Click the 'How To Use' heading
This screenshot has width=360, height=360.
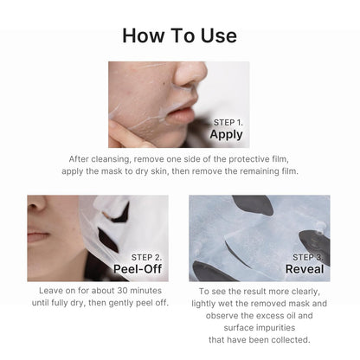179,35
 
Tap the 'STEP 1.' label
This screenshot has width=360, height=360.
228,122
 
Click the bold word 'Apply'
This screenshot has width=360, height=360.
226,135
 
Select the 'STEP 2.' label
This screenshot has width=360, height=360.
145,257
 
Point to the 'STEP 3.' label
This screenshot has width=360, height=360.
308,257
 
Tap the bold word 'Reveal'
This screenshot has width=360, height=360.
305,269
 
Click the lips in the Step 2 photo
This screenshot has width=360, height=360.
38,235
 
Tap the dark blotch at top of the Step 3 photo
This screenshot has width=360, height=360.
253,204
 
